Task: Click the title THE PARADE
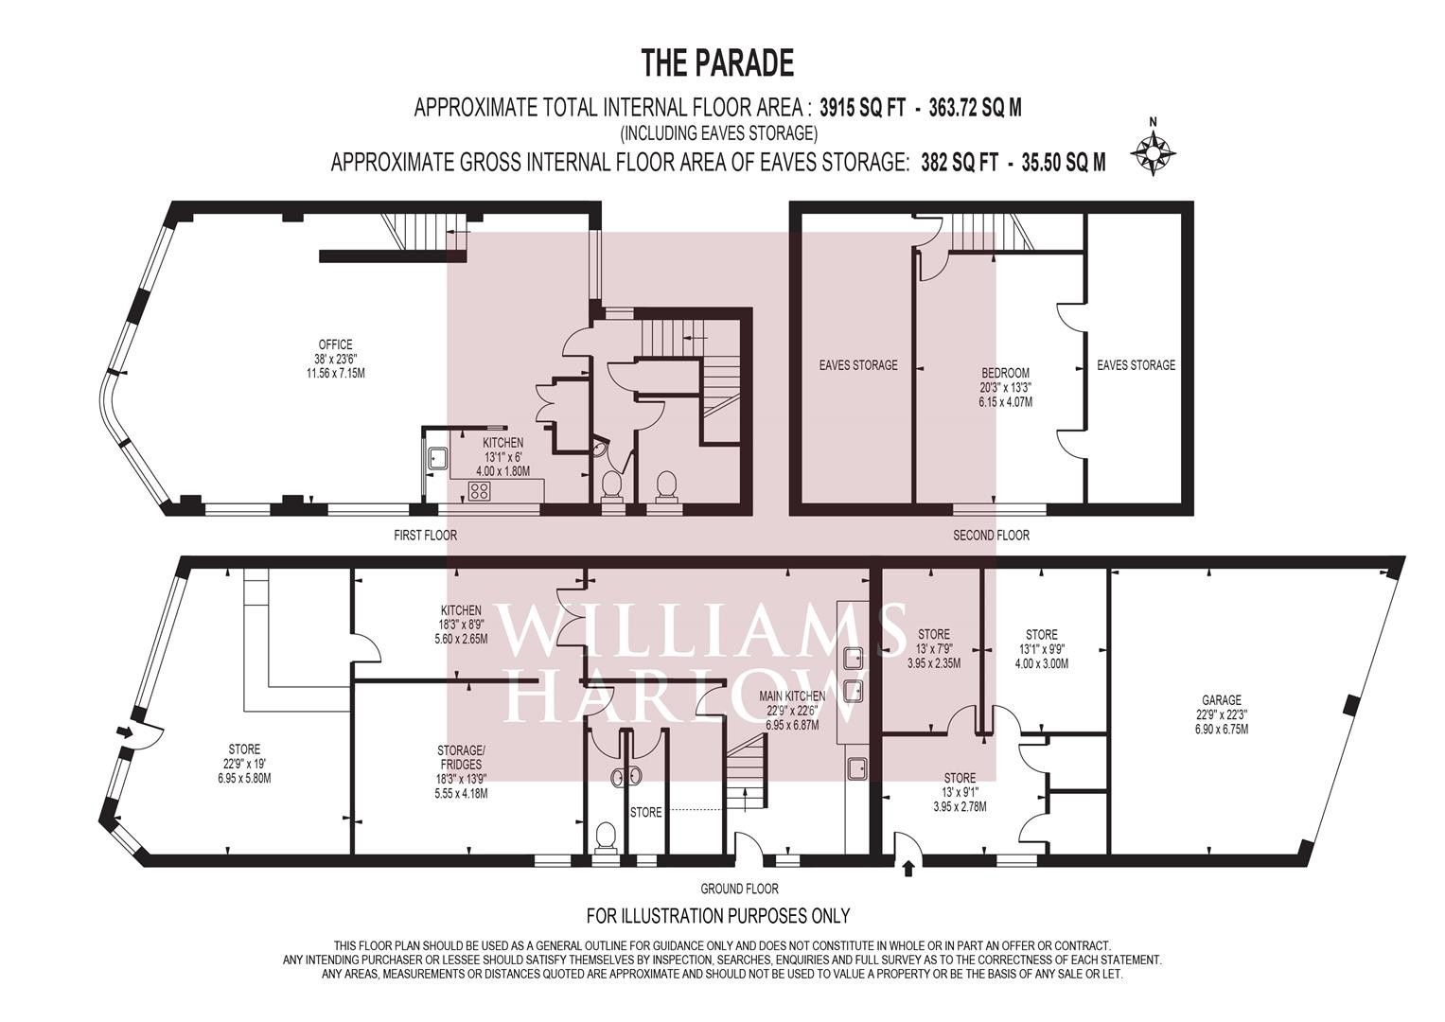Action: pyautogui.click(x=717, y=64)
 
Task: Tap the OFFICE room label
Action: pyautogui.click(x=335, y=345)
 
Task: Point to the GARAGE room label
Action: pyautogui.click(x=1222, y=700)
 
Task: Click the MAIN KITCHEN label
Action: pyautogui.click(x=792, y=696)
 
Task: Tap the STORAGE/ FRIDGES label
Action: pyautogui.click(x=461, y=757)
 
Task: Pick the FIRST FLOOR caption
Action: pyautogui.click(x=425, y=535)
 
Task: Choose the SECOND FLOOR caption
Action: pyautogui.click(x=992, y=535)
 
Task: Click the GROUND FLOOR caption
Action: pyautogui.click(x=740, y=889)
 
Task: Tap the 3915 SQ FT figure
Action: pyautogui.click(x=862, y=108)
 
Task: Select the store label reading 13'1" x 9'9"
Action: pyautogui.click(x=1042, y=649)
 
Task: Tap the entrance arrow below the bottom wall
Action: pyautogui.click(x=908, y=869)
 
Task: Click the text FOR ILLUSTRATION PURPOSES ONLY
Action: pyautogui.click(x=718, y=915)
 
